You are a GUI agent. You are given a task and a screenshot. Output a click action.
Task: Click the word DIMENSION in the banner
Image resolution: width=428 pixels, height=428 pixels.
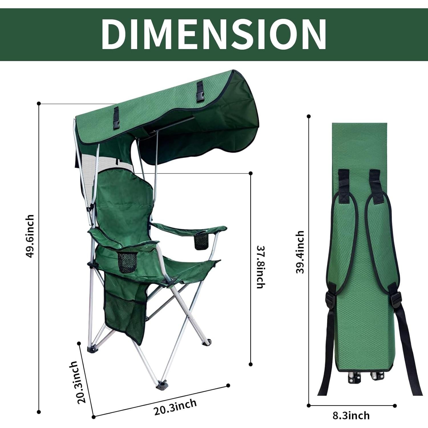pyautogui.click(x=214, y=35)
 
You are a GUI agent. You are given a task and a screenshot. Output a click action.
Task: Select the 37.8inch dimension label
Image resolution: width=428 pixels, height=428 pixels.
pyautogui.click(x=261, y=267)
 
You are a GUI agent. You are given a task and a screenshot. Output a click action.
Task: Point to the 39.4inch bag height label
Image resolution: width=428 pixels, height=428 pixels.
pyautogui.click(x=300, y=252)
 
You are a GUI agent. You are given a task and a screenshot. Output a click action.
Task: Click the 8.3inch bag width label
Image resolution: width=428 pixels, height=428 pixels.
pyautogui.click(x=351, y=415)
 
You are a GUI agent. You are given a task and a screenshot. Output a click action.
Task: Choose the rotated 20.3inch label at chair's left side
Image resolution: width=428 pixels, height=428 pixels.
pyautogui.click(x=77, y=382)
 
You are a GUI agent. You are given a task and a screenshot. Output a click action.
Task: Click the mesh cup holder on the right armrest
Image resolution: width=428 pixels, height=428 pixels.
pyautogui.click(x=201, y=241)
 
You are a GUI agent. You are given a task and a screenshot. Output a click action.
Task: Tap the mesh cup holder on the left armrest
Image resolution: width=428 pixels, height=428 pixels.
pyautogui.click(x=127, y=262)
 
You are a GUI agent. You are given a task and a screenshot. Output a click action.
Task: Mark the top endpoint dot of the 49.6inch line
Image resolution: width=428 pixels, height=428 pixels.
pyautogui.click(x=39, y=103)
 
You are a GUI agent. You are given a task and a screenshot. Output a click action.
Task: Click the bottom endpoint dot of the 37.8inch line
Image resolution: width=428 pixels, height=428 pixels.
pyautogui.click(x=251, y=364)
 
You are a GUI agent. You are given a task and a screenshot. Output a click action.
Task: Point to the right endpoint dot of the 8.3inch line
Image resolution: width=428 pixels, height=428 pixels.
pyautogui.click(x=395, y=405)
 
